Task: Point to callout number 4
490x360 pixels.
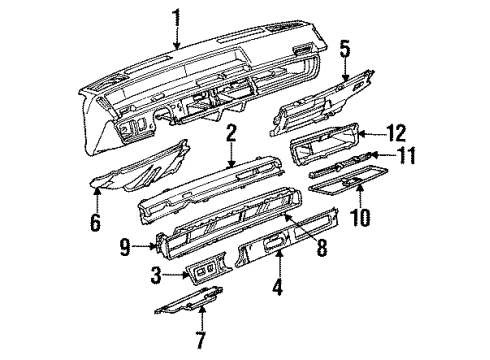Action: click(x=279, y=293)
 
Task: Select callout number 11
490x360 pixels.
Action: click(x=404, y=156)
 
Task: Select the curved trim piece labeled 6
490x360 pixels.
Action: click(x=145, y=170)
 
